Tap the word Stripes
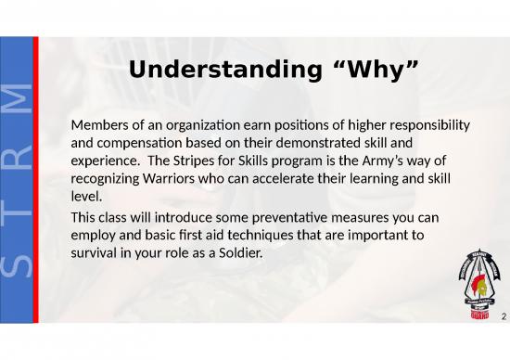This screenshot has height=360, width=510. click(228, 160)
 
